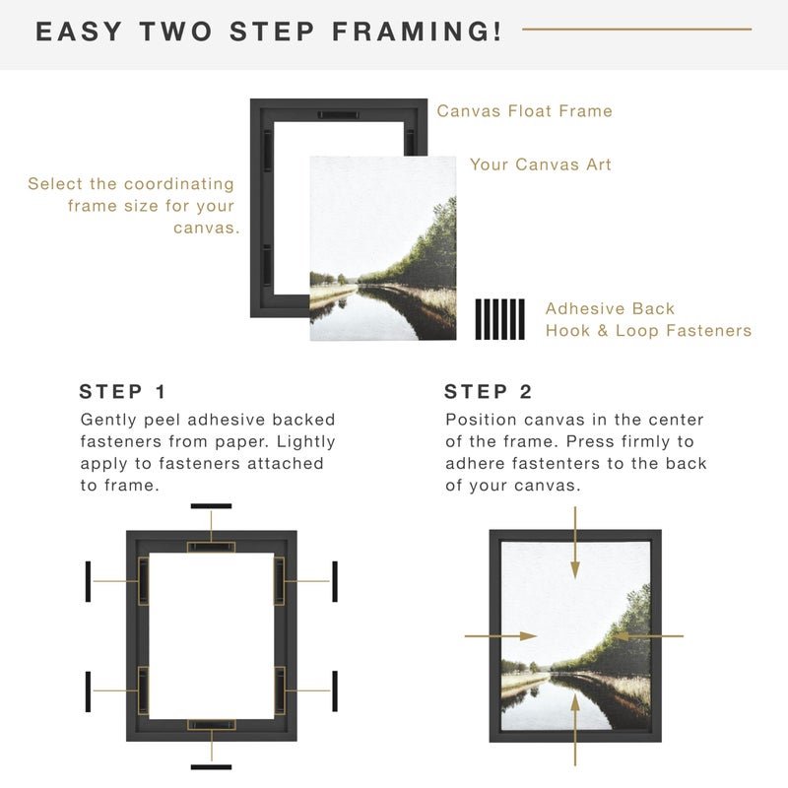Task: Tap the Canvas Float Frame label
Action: pyautogui.click(x=524, y=111)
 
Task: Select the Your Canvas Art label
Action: pyautogui.click(x=540, y=164)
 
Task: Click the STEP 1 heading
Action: pyautogui.click(x=124, y=391)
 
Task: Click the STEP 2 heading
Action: pyautogui.click(x=490, y=391)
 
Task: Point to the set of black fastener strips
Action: pyautogui.click(x=500, y=319)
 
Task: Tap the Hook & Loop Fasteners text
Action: pyautogui.click(x=648, y=331)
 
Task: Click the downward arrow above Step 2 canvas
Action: pyautogui.click(x=576, y=542)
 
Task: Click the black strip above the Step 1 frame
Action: pyautogui.click(x=211, y=506)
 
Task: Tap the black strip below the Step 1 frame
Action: pyautogui.click(x=211, y=766)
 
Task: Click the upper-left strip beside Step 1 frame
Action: pyautogui.click(x=89, y=581)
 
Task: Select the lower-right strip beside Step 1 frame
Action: pyautogui.click(x=335, y=691)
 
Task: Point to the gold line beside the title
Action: pyautogui.click(x=636, y=30)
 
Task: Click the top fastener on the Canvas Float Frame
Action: pyautogui.click(x=338, y=115)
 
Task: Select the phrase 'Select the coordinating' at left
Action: pyautogui.click(x=131, y=184)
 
